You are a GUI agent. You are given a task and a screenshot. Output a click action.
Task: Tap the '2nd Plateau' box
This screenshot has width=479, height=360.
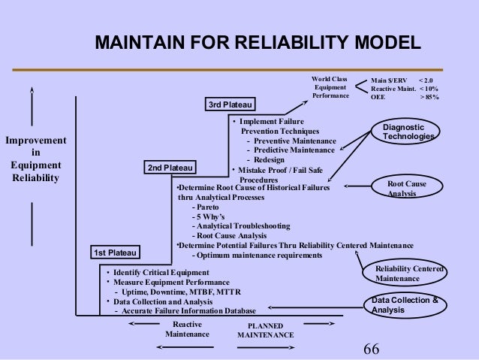click(170, 166)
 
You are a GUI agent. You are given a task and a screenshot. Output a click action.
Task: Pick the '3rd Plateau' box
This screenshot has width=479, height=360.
click(230, 104)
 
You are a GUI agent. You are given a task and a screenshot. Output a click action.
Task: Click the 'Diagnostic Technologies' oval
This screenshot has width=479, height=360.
click(408, 133)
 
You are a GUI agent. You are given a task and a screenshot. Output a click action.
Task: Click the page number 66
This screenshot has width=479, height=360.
click(372, 348)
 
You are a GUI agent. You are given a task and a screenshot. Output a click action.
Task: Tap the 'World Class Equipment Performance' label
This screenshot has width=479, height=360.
click(330, 87)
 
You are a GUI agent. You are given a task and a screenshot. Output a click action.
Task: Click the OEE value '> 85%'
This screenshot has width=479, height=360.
click(429, 97)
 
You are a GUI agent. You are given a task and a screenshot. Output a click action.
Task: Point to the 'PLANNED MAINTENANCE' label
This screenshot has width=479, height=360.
click(265, 330)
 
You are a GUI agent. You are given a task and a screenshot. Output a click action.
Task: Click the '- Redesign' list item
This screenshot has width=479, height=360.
click(264, 159)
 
